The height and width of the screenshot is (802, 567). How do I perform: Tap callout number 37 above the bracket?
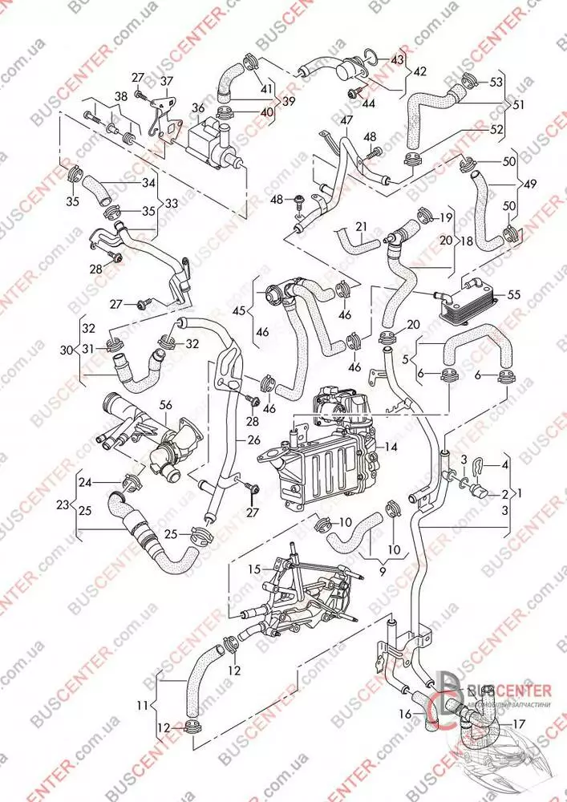point(166,81)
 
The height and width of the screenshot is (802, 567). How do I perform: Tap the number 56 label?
point(164,406)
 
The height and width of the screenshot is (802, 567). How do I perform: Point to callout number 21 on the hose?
point(360,226)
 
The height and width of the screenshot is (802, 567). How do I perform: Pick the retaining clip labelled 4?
point(479,464)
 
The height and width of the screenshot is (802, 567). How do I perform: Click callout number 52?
point(498,128)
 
